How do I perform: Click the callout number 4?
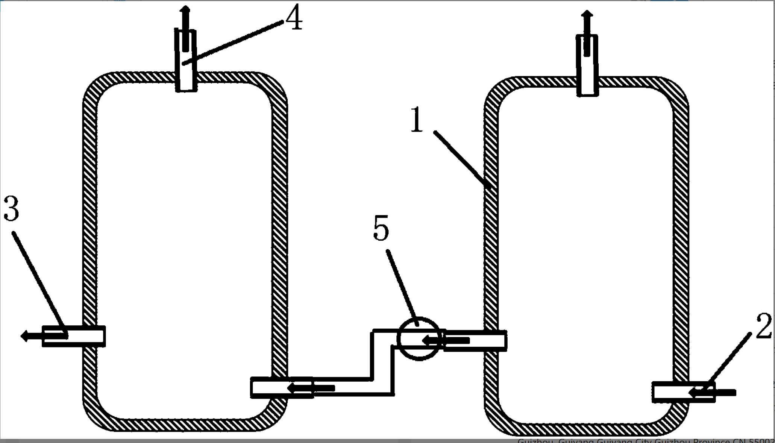click(x=294, y=17)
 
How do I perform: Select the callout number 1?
click(x=417, y=119)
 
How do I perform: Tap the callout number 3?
click(x=11, y=208)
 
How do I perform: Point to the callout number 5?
click(x=381, y=228)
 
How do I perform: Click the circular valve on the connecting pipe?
click(x=419, y=339)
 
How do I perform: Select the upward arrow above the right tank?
click(x=587, y=32)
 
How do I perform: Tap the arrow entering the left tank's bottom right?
click(x=311, y=388)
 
